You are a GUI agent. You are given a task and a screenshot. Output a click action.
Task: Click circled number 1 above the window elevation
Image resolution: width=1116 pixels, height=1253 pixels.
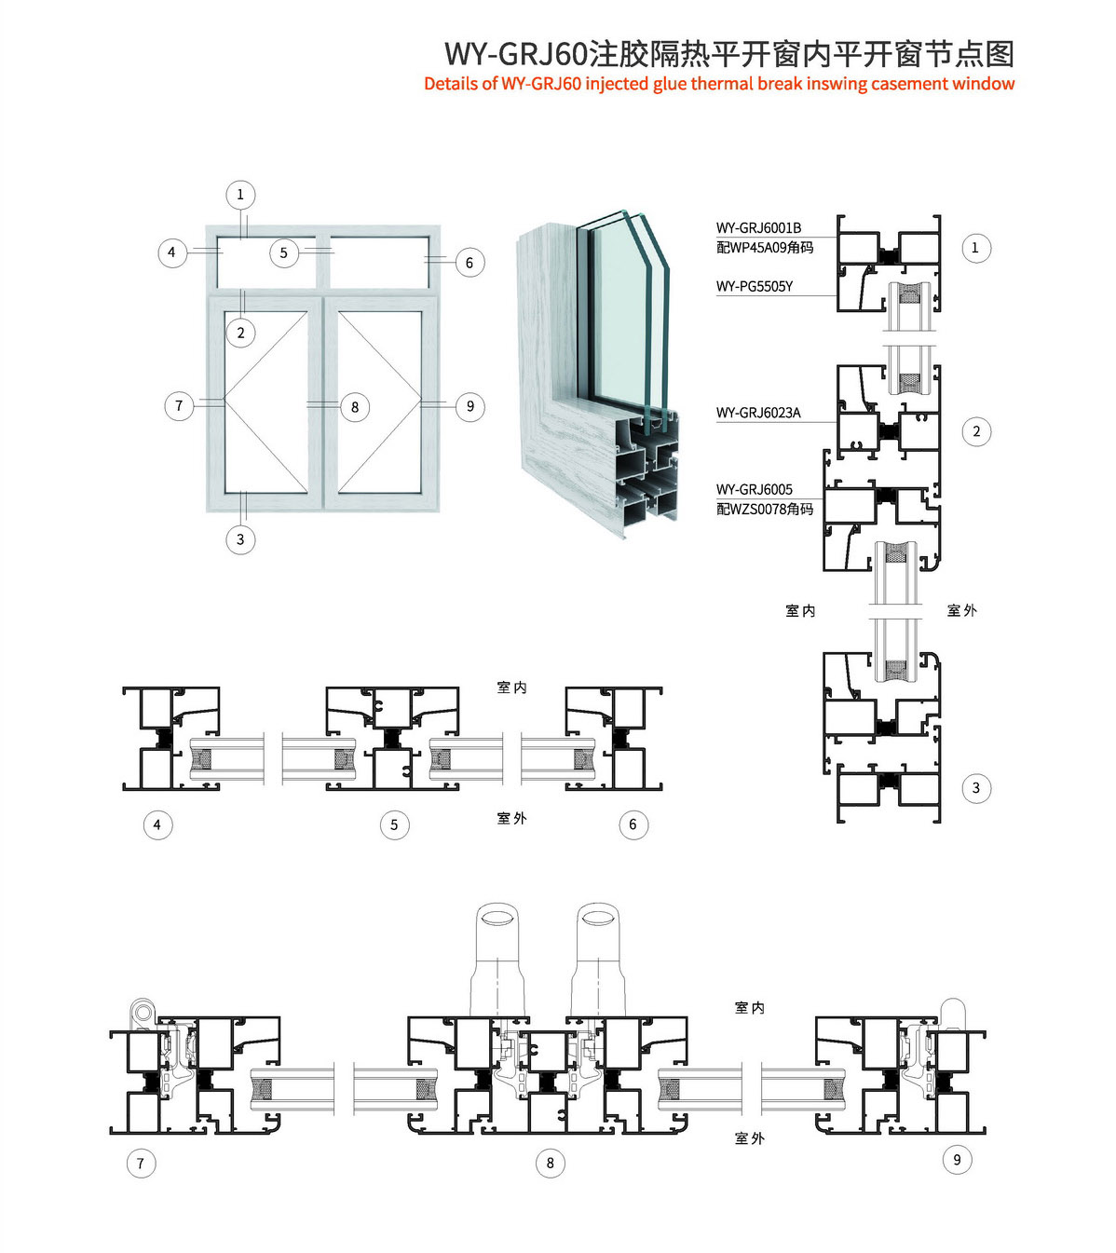(240, 195)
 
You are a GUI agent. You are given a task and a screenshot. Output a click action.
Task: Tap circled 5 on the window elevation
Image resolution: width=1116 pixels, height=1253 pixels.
(284, 252)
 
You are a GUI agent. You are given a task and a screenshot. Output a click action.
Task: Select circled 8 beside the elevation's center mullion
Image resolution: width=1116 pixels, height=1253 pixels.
(355, 407)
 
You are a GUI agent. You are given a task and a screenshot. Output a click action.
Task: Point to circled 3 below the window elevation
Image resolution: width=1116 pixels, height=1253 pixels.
(240, 539)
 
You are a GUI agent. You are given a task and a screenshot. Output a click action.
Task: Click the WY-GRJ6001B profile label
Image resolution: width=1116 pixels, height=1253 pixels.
(758, 228)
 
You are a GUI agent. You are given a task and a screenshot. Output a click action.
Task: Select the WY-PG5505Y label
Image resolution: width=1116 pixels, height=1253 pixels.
(755, 286)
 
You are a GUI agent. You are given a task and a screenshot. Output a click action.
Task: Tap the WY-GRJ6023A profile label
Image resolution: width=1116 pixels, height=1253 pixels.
(758, 413)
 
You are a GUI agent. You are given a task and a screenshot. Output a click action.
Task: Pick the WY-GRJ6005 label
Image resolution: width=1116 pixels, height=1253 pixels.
(755, 489)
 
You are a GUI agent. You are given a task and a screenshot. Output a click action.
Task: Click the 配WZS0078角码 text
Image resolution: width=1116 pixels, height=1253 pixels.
(765, 509)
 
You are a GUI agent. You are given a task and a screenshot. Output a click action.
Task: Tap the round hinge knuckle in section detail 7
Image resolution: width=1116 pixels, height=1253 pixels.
(143, 1013)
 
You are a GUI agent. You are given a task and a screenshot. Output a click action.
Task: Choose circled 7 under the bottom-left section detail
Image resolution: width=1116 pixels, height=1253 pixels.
(141, 1164)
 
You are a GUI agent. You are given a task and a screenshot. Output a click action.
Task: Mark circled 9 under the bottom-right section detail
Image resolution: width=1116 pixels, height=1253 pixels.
(957, 1160)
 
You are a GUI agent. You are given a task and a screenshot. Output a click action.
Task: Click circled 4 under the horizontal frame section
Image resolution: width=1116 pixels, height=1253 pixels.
(157, 824)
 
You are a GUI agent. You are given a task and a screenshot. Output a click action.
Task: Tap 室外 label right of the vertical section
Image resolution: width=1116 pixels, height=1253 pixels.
(961, 610)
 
